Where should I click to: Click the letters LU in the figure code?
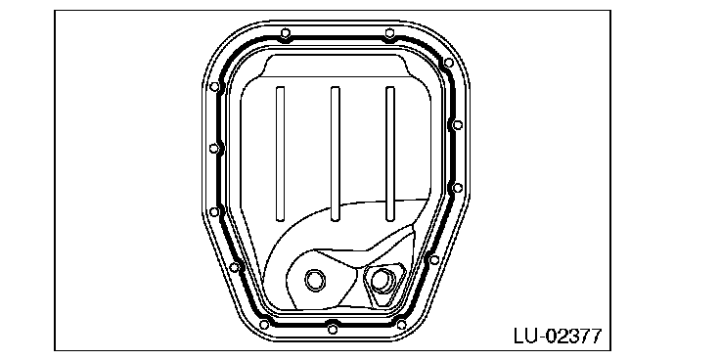coord(525,336)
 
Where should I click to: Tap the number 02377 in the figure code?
coord(573,336)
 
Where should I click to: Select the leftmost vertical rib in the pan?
coord(280,154)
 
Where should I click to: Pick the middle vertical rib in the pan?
coord(336,154)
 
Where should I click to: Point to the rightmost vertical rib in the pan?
coord(390,154)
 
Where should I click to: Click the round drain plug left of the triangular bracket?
coord(315,280)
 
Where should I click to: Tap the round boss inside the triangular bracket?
coord(381,281)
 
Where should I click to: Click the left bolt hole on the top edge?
coord(285,33)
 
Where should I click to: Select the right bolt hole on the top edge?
coord(389,33)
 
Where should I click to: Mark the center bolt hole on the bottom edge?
coord(333,329)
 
